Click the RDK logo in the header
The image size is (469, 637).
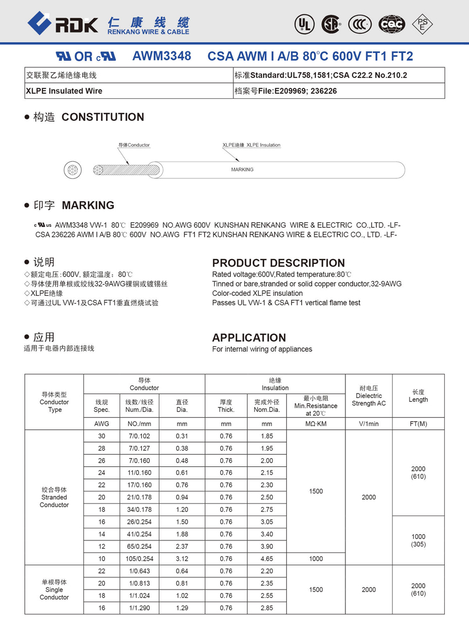pos(63,23)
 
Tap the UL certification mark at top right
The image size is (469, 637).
pos(304,24)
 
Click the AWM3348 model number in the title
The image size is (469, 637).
pos(162,56)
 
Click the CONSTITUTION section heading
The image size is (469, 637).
pos(103,117)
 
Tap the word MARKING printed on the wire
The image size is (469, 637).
pos(242,169)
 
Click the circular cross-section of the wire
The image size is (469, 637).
pos(73,169)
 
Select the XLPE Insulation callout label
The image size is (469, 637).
pos(252,145)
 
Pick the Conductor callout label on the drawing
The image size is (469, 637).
pos(134,145)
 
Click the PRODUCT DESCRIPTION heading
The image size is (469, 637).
pos(279,263)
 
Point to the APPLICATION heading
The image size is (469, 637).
pos(249,338)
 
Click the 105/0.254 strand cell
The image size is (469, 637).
pos(139,559)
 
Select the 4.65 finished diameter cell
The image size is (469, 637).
pos(267,559)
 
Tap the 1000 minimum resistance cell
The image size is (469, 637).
pos(316,559)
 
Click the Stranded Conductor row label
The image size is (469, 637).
pos(54,497)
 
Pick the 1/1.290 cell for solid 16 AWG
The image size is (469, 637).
pos(139,608)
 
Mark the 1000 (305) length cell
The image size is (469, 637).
pos(418,540)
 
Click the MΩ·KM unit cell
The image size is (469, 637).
pos(316,424)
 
